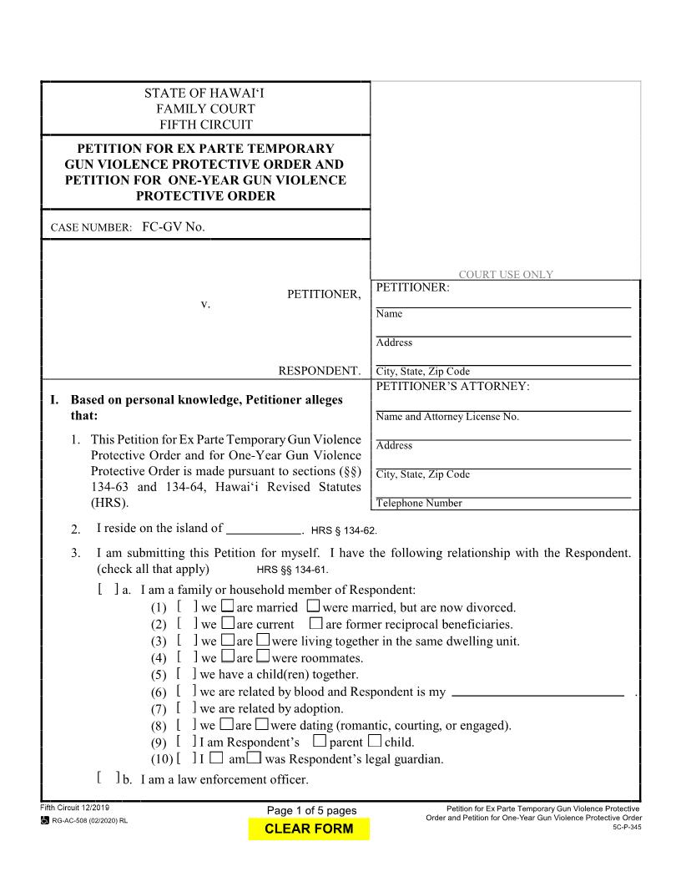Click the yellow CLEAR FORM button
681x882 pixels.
[308, 829]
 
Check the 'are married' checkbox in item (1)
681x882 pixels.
[227, 607]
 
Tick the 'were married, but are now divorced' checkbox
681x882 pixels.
[313, 607]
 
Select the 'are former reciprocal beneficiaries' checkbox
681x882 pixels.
[315, 624]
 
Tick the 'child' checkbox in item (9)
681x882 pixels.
[375, 742]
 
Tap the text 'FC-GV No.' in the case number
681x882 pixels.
[173, 226]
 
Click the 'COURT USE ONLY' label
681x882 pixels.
[506, 275]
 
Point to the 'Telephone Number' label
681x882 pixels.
[419, 504]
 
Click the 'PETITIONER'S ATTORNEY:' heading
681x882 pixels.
[453, 387]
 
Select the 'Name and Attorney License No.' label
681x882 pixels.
[447, 417]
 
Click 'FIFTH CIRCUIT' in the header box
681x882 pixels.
[205, 125]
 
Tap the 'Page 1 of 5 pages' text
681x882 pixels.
[311, 811]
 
